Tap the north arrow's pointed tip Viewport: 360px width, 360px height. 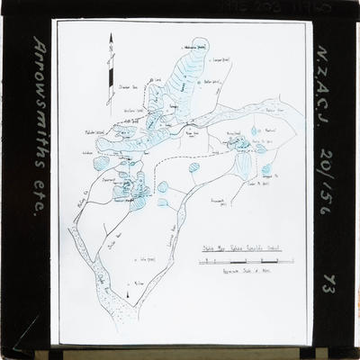tap(111, 35)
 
